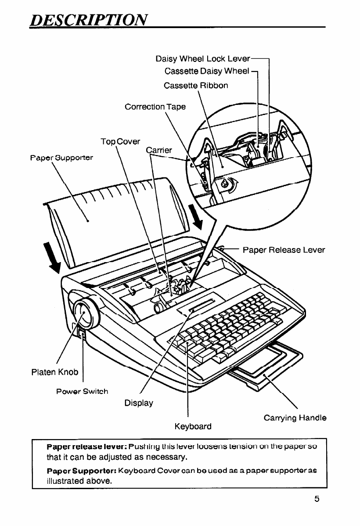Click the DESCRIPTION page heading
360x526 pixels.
[87, 19]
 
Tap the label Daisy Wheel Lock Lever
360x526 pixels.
[203, 59]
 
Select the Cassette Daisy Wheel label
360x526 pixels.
[207, 72]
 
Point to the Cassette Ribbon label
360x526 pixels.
[196, 85]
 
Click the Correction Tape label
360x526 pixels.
[155, 107]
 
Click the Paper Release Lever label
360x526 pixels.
[284, 250]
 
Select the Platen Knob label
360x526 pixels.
[55, 372]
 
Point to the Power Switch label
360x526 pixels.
[82, 391]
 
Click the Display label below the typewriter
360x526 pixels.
[139, 403]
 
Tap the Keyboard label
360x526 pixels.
[193, 426]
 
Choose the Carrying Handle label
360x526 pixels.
[295, 418]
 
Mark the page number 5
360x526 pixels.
[316, 499]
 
